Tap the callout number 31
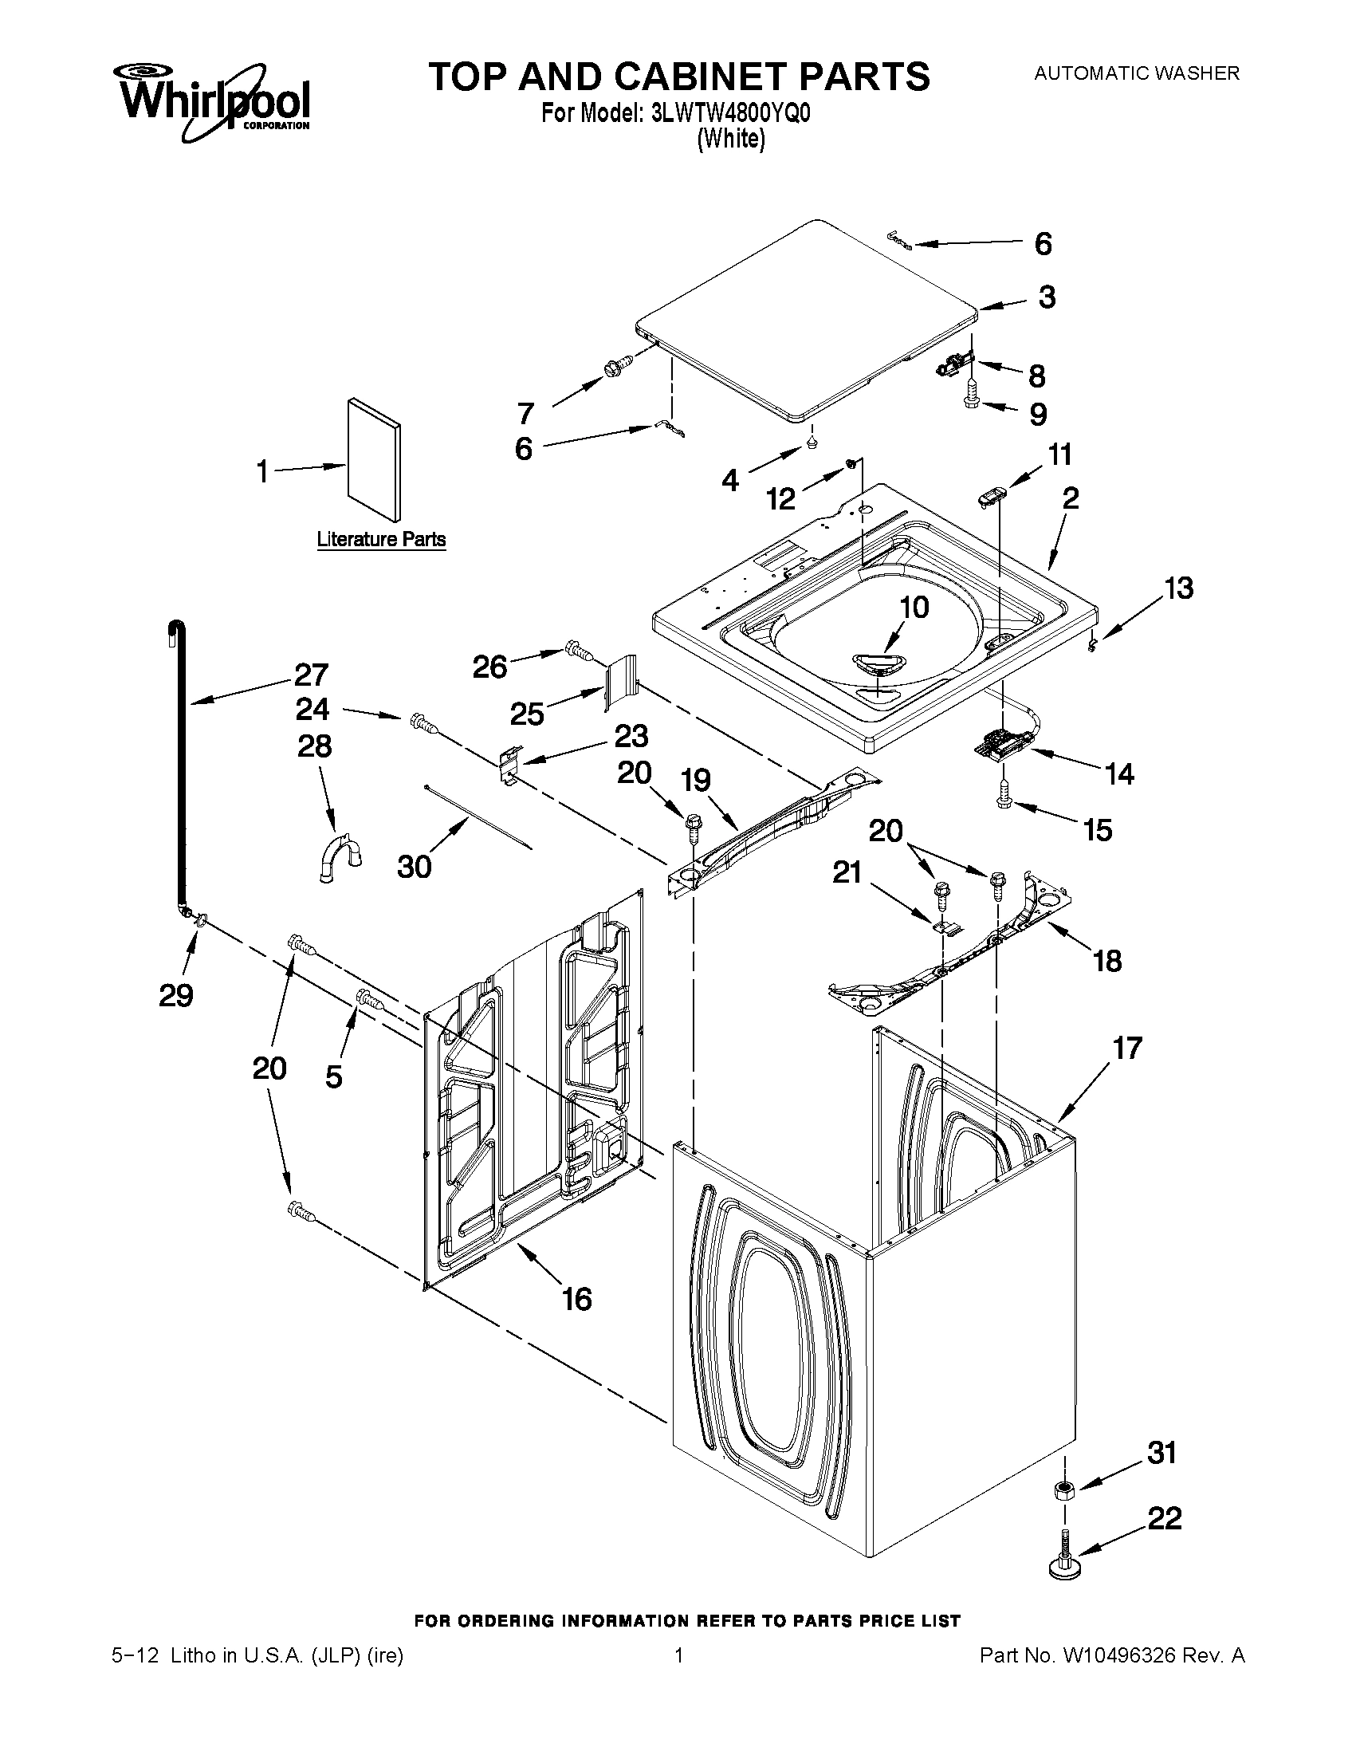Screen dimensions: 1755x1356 pyautogui.click(x=1162, y=1453)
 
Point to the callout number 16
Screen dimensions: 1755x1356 pyautogui.click(x=577, y=1299)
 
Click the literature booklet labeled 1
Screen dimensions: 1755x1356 pyautogui.click(x=374, y=458)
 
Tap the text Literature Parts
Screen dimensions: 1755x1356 pyautogui.click(x=381, y=539)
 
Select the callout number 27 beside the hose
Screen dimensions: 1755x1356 pyautogui.click(x=311, y=675)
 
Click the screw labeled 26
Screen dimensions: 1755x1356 pyautogui.click(x=580, y=648)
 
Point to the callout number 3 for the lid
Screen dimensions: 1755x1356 pyautogui.click(x=1046, y=297)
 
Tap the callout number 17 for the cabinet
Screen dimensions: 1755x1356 pyautogui.click(x=1126, y=1048)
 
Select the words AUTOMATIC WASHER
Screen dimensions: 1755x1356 pyautogui.click(x=1136, y=73)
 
